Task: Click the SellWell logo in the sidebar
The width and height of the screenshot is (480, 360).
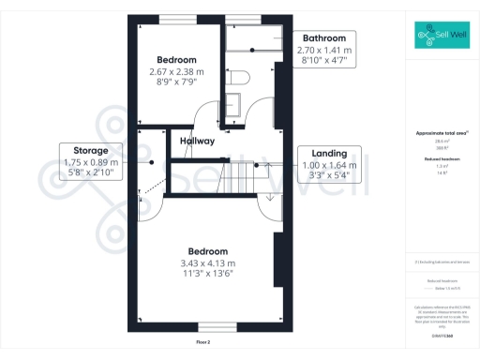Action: (442, 36)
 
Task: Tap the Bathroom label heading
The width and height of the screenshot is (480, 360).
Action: (323, 38)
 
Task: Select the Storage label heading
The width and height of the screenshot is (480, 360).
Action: (85, 150)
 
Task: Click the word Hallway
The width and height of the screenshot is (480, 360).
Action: (198, 142)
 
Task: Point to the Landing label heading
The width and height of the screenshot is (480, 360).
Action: (330, 154)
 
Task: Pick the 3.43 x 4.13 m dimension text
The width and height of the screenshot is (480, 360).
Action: (211, 263)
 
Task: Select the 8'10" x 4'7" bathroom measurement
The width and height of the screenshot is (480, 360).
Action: (323, 61)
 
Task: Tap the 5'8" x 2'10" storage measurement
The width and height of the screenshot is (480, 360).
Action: (85, 172)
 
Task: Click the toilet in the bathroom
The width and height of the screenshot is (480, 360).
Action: (241, 77)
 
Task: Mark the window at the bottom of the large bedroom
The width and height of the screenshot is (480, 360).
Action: (211, 326)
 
